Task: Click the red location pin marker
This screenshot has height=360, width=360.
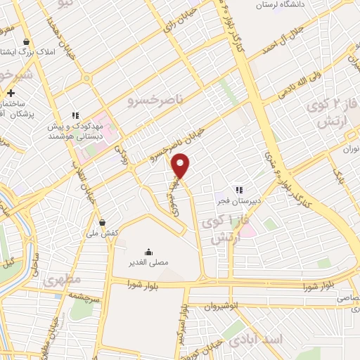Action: point(181,166)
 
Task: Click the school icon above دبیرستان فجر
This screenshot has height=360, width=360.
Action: point(238,189)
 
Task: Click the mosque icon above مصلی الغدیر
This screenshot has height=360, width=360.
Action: point(148,252)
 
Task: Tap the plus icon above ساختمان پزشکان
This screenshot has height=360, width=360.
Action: point(11,93)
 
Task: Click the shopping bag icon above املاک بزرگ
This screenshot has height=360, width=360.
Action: point(26,41)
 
